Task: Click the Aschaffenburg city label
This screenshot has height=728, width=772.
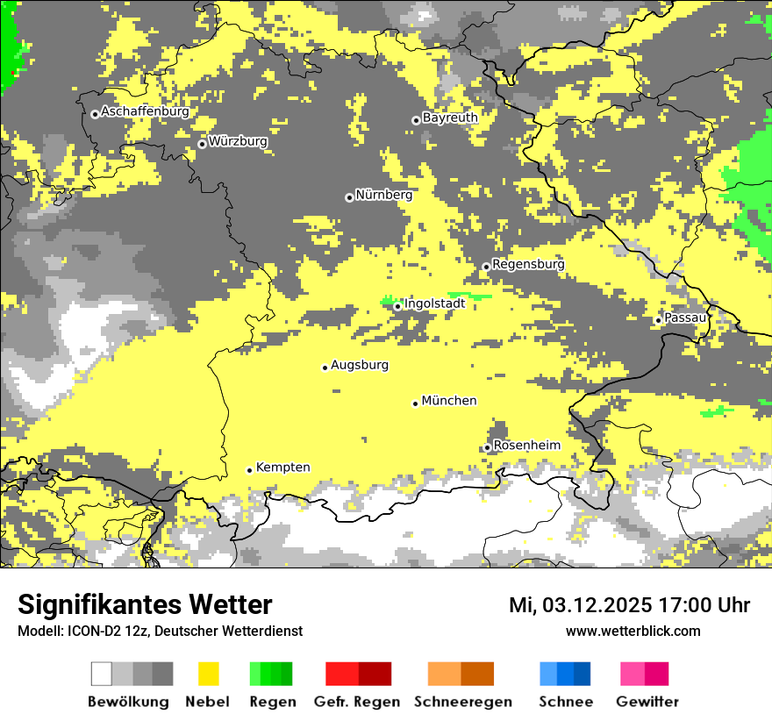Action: pos(145,111)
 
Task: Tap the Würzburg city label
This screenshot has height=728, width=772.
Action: pos(238,141)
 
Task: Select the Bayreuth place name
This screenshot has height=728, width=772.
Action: pos(450,118)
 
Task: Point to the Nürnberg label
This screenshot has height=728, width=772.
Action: pos(383,195)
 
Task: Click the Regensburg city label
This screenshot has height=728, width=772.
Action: pos(528,264)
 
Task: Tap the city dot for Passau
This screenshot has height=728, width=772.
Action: pos(658,320)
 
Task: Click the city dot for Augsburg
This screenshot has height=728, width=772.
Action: pos(325,368)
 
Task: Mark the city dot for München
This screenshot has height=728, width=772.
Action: pos(416,403)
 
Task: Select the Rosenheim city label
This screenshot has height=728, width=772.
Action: pos(526,446)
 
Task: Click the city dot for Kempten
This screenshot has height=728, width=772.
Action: pos(249,470)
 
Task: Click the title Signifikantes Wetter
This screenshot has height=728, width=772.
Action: pos(145,605)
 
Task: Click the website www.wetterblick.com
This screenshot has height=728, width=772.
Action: pos(633,631)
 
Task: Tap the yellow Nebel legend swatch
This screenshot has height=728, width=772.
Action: pos(208,674)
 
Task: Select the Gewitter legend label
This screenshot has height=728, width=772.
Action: pos(647,702)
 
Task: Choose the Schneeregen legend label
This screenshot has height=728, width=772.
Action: pos(462,702)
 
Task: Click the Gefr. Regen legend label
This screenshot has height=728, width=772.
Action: pos(357,702)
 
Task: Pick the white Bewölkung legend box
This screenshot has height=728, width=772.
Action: pos(102,674)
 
